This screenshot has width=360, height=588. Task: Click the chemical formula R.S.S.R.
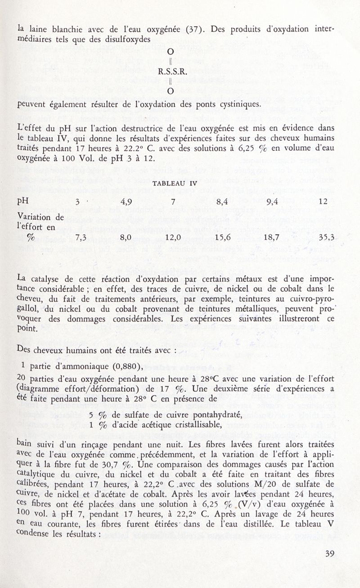(170, 71)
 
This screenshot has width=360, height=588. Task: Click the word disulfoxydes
(125, 39)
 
